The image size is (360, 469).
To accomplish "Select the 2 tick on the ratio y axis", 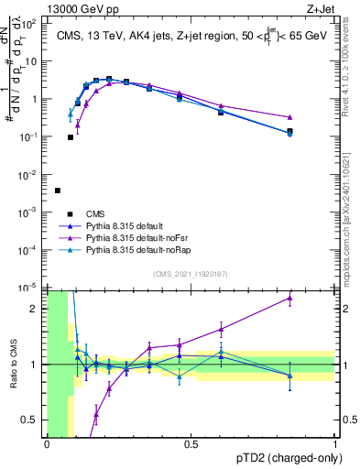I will [x=37, y=309].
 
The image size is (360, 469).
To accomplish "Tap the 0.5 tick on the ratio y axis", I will [x=33, y=420].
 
